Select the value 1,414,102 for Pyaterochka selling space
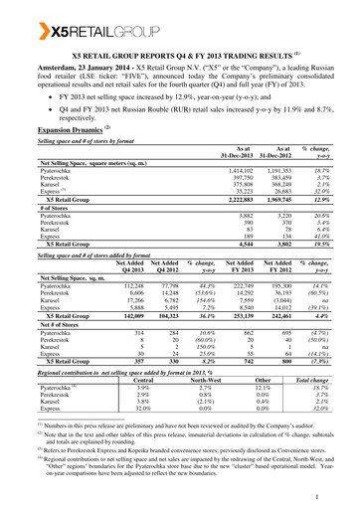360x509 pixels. pos(234,171)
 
